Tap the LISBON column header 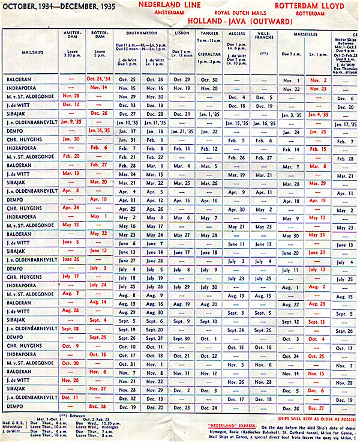[x=182, y=34]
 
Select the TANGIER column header [x=209, y=34]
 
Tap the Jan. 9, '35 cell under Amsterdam [x=71, y=123]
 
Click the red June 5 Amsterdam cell [x=71, y=242]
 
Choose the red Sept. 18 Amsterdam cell [x=71, y=330]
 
